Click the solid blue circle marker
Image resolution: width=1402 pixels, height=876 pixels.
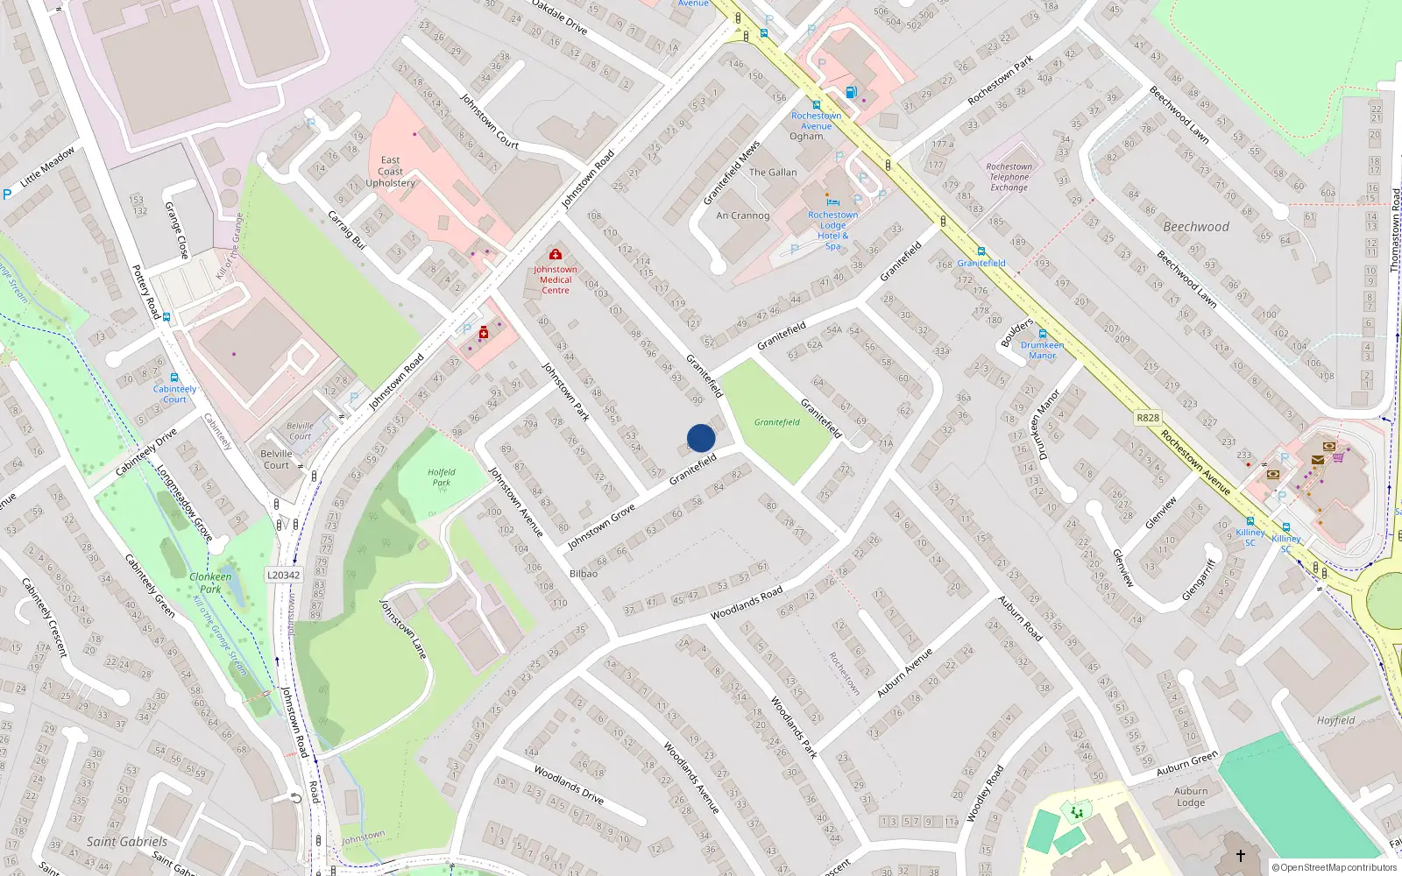(x=701, y=438)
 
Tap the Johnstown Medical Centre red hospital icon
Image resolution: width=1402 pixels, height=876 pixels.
(x=555, y=254)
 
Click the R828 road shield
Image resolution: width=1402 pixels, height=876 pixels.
(x=1147, y=418)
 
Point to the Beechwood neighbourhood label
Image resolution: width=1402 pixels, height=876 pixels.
(x=1196, y=227)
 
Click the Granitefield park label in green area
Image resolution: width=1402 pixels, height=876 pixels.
(x=777, y=422)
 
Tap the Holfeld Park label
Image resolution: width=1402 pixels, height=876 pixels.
(x=442, y=477)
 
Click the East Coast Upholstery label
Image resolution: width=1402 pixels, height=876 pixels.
(x=391, y=172)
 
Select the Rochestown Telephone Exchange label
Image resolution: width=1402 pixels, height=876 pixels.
(x=1009, y=177)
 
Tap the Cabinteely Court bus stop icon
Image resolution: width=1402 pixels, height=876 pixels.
(x=174, y=378)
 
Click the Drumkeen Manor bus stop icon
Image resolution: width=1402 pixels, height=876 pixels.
(x=1042, y=334)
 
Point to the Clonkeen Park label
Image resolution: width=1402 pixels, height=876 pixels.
(x=210, y=583)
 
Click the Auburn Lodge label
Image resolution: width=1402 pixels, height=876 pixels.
(x=1191, y=796)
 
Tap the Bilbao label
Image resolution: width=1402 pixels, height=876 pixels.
(x=584, y=574)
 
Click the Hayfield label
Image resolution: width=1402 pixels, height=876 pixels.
(x=1335, y=720)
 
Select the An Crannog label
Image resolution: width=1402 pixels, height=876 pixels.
(x=742, y=215)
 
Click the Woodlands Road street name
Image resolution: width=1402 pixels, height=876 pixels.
(x=747, y=604)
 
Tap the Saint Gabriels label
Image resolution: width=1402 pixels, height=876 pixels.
(x=126, y=841)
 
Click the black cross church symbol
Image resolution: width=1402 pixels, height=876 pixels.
(x=1240, y=855)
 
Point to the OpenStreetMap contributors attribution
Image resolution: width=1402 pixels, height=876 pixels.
(x=1335, y=868)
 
